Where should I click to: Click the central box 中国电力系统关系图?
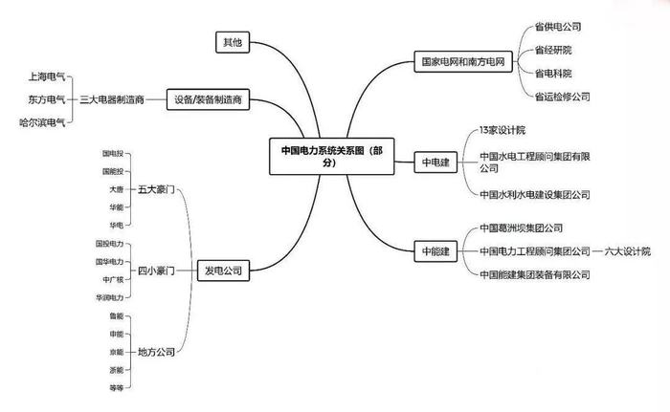click(x=331, y=156)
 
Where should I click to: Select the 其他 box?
click(x=233, y=42)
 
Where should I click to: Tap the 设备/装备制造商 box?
click(x=208, y=99)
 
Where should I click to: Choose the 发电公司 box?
click(x=223, y=271)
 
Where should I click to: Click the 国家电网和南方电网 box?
click(x=463, y=61)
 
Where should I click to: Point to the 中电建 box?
click(x=435, y=163)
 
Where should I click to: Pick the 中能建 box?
click(x=435, y=251)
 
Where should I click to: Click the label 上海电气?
click(x=47, y=76)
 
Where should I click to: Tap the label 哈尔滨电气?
click(x=42, y=122)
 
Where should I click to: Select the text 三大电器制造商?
click(x=112, y=100)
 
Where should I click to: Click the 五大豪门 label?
click(x=156, y=189)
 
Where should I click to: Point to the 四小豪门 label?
click(x=156, y=271)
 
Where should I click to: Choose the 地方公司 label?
click(x=156, y=352)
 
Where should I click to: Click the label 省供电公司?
click(x=558, y=27)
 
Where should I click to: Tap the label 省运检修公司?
click(x=563, y=97)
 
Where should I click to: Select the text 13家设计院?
click(x=502, y=130)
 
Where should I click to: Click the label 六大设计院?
click(x=627, y=251)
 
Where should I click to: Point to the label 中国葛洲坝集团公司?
click(x=521, y=228)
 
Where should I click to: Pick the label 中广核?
click(x=113, y=280)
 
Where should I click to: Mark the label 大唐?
click(x=116, y=189)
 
